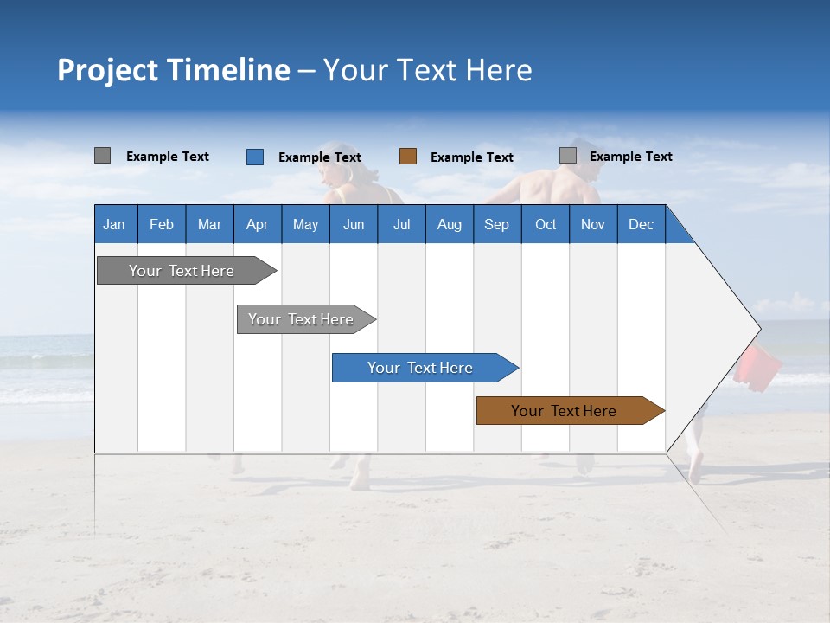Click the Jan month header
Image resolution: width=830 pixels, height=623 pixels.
114,224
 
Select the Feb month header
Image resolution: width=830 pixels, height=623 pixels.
162,224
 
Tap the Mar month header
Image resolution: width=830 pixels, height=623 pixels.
209,224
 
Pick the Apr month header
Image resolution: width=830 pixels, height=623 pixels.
258,224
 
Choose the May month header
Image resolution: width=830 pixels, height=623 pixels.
305,224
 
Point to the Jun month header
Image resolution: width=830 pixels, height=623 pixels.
354,224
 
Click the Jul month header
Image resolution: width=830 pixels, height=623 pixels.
401,224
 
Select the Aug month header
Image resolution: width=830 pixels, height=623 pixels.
450,224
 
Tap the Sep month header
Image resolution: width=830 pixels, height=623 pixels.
497,224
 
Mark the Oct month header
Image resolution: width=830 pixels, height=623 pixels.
546,224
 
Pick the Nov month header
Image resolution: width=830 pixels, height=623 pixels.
593,224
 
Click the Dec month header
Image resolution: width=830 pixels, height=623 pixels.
642,224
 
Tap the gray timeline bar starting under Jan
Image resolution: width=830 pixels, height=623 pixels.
182,271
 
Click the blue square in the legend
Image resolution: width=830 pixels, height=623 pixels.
255,157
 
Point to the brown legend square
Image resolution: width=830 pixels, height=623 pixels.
408,157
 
